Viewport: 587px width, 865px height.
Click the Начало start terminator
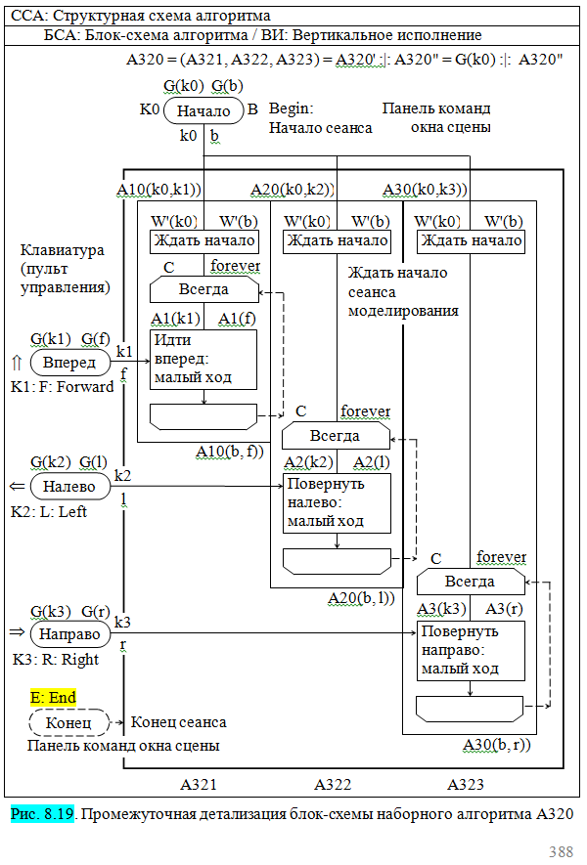click(203, 110)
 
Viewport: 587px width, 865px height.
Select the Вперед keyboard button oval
click(69, 363)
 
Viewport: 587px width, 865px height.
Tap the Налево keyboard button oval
click(69, 486)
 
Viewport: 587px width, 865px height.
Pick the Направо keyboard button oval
click(69, 634)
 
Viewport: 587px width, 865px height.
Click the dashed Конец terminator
click(69, 723)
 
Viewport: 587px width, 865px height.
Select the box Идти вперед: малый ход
click(203, 360)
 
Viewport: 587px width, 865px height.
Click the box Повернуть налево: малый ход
click(337, 502)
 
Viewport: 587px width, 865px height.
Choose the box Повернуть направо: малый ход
click(471, 651)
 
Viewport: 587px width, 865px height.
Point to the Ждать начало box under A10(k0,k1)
click(203, 240)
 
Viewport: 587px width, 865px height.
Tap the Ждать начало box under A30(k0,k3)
click(471, 240)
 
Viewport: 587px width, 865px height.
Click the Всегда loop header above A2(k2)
click(337, 435)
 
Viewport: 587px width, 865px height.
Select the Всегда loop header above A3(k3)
click(471, 582)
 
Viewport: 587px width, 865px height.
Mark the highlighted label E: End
click(53, 697)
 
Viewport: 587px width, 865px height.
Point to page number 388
click(561, 851)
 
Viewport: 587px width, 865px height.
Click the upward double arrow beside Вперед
click(16, 363)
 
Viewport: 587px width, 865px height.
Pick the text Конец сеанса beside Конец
click(179, 722)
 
